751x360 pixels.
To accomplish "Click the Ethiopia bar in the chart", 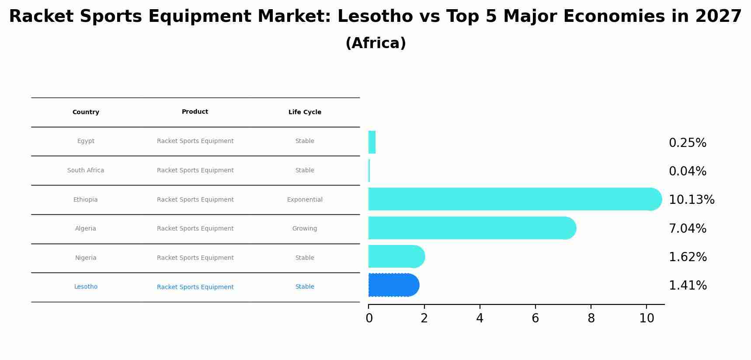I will click(511, 199).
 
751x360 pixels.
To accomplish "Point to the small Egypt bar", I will click(372, 142).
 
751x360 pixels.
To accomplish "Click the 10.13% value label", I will click(691, 200).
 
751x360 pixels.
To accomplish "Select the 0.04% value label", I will click(687, 171).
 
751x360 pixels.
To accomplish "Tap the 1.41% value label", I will click(687, 286).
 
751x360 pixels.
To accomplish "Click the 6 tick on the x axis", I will click(535, 318).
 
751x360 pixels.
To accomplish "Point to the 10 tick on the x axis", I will click(647, 318).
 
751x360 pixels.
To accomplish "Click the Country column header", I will click(86, 112).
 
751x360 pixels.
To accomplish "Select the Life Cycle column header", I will click(305, 112).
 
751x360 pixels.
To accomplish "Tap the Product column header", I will click(195, 112).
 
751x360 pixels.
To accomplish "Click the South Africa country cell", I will click(86, 171).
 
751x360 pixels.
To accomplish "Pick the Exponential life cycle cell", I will click(305, 200).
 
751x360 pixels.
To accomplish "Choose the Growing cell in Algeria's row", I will click(305, 229).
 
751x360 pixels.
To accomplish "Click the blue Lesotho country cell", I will click(86, 287).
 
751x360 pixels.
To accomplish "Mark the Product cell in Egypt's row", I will click(195, 141).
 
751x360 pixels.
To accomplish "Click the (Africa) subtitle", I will click(375, 43).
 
